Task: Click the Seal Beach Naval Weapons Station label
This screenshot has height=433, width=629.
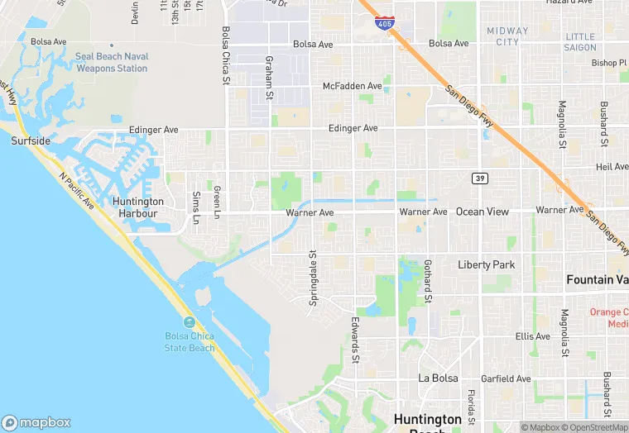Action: tap(112, 63)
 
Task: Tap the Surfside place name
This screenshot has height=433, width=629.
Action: tap(31, 141)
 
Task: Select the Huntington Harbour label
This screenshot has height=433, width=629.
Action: tap(138, 207)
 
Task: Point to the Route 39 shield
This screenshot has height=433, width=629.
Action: tap(480, 178)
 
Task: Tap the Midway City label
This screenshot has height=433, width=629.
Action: tap(507, 36)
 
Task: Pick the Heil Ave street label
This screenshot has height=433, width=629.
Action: tap(612, 167)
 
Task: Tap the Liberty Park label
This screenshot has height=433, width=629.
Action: tap(486, 265)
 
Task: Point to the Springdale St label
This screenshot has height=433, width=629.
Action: tap(313, 278)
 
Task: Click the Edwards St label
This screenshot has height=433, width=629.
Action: tap(355, 340)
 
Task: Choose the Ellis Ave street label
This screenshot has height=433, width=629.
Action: tap(532, 336)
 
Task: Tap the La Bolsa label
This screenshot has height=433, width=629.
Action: tap(438, 378)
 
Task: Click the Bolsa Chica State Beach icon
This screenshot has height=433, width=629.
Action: tap(190, 321)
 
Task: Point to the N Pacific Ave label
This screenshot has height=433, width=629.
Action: tap(79, 193)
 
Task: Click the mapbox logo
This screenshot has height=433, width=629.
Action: tap(36, 422)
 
